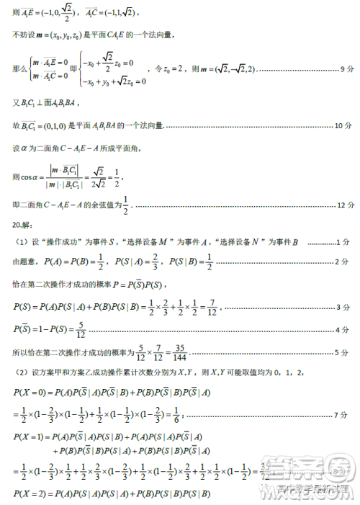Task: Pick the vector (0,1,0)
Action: (50, 126)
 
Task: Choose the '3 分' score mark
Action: (347, 308)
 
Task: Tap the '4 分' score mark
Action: (347, 329)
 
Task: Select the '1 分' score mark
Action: (347, 242)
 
